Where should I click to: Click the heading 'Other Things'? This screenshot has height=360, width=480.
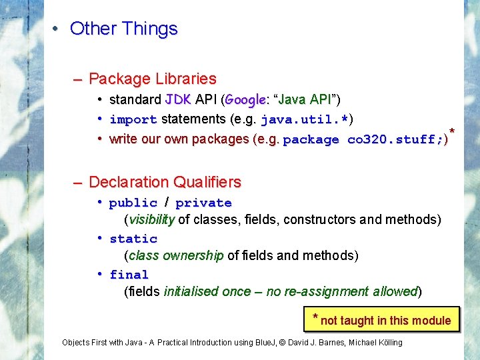123,29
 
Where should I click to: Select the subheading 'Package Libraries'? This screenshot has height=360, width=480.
152,79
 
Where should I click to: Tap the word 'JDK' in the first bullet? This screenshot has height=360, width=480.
178,100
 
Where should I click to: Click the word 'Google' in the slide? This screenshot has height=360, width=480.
245,100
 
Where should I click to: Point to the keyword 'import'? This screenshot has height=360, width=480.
133,120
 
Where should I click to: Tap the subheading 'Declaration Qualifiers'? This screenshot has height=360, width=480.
165,182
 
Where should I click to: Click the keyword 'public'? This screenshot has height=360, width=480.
133,203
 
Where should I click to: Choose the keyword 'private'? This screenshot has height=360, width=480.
203,203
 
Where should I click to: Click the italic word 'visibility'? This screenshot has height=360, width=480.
152,219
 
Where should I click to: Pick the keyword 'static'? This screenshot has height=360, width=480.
133,239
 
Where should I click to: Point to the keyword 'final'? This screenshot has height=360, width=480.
129,275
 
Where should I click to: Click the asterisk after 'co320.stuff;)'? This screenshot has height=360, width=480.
453,131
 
